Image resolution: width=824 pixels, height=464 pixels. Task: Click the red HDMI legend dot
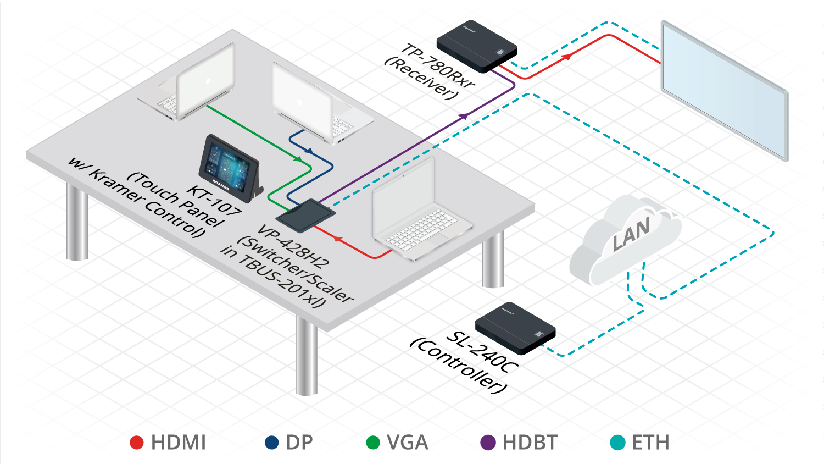pos(137,443)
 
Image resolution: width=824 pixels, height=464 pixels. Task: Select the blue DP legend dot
pos(272,443)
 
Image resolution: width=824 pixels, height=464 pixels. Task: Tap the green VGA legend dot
pos(373,443)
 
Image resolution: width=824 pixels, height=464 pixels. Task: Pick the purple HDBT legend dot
pos(488,443)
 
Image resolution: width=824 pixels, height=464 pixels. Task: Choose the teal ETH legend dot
pos(618,443)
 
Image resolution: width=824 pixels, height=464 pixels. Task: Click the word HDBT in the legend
pos(530,443)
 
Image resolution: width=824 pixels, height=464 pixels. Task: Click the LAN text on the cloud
pos(631,233)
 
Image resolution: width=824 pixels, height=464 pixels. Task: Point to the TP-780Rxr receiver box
pos(476,46)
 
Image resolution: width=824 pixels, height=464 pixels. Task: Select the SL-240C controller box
pos(515,328)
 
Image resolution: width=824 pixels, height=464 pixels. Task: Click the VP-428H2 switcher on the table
pos(305,215)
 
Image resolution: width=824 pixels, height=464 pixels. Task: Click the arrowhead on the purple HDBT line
pos(464,116)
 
